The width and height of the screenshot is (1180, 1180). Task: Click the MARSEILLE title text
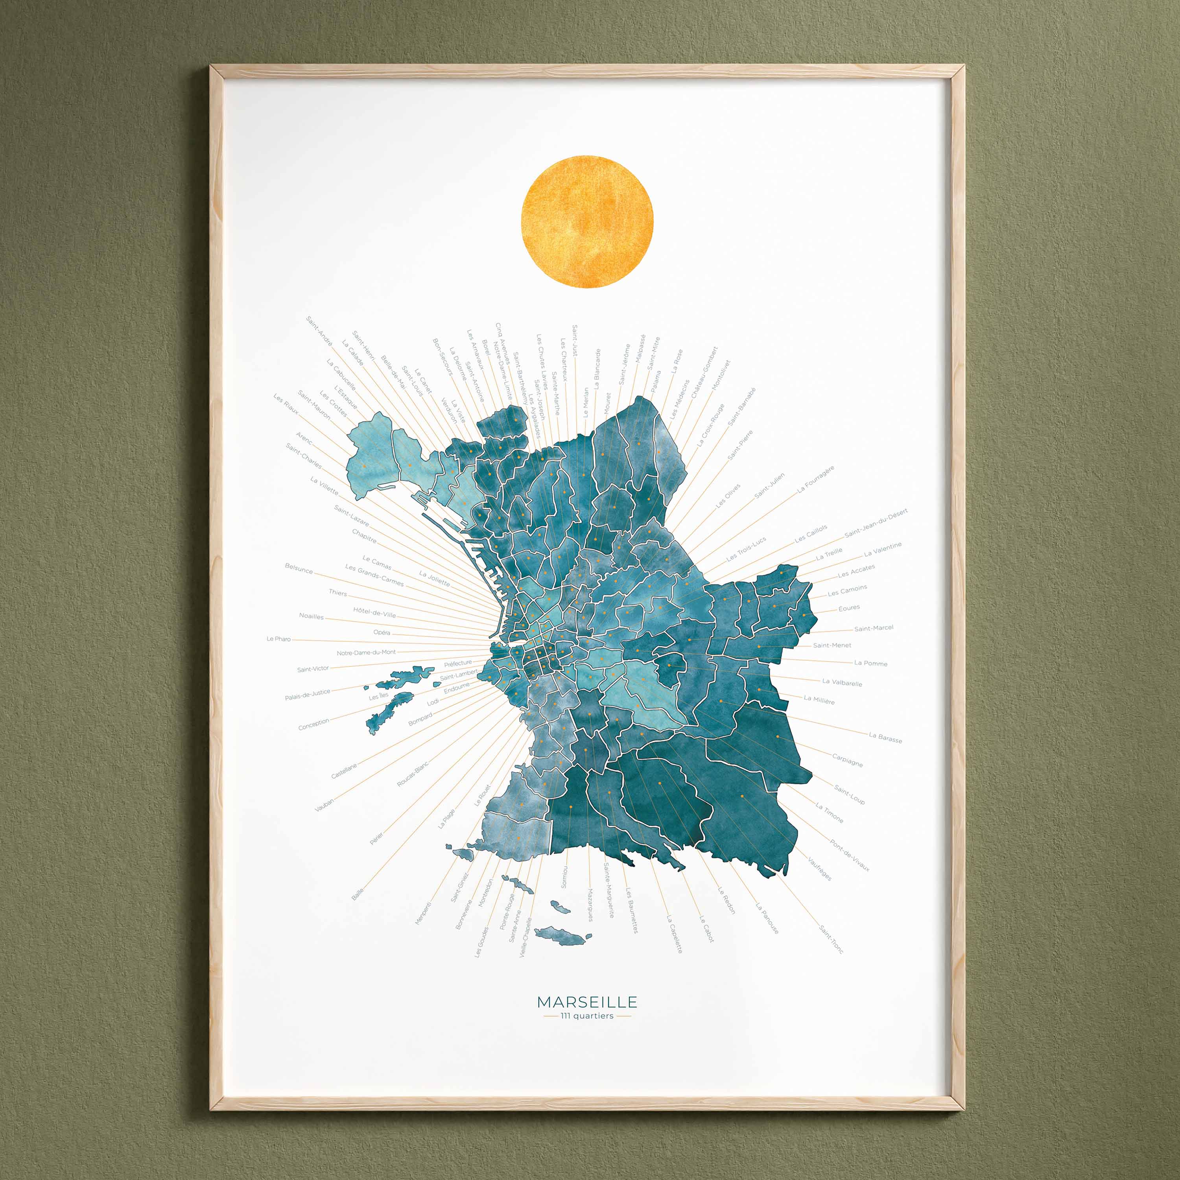587,1002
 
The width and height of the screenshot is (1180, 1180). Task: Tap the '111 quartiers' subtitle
587,1016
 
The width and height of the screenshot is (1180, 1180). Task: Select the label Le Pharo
278,639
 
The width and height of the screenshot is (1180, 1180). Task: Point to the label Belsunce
299,569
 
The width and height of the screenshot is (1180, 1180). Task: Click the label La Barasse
885,738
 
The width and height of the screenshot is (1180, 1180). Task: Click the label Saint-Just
575,341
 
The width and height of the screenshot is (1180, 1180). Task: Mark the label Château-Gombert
704,372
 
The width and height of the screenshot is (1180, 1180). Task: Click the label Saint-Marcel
873,628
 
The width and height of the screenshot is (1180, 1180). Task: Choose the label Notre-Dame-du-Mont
367,652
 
